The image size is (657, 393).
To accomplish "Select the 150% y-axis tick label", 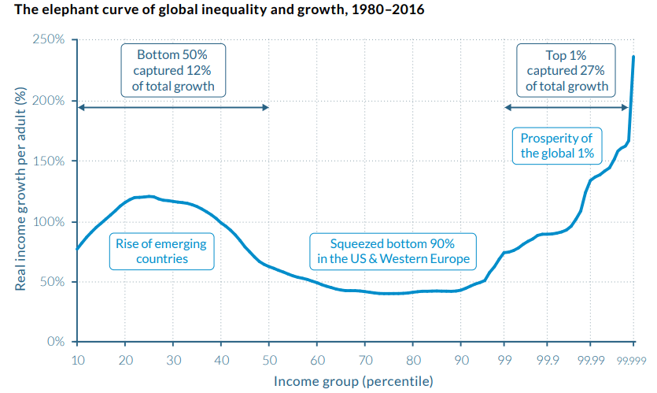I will pos(51,161).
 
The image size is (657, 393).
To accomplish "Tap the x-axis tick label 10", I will pos(76,360).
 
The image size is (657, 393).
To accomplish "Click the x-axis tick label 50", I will pos(268,360).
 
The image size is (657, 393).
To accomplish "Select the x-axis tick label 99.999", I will pos(632,361).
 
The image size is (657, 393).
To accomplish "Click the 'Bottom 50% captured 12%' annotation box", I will pos(174,70).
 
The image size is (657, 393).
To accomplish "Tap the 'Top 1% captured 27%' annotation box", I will pos(567,70).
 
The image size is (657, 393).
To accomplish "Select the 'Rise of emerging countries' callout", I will pos(161,250).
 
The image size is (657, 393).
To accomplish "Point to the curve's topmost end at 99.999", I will pos(633,57).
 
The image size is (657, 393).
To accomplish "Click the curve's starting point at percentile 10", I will pos(77,249).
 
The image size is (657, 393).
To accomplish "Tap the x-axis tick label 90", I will pos(461,360).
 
